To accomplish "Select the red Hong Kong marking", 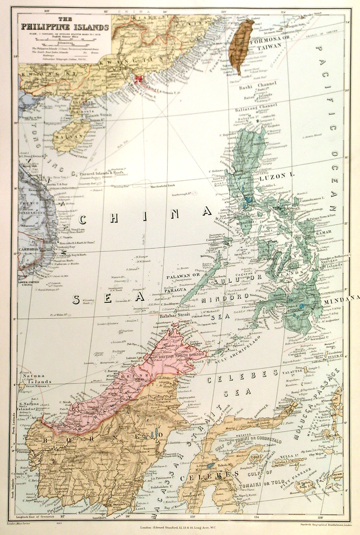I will point(139,79).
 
